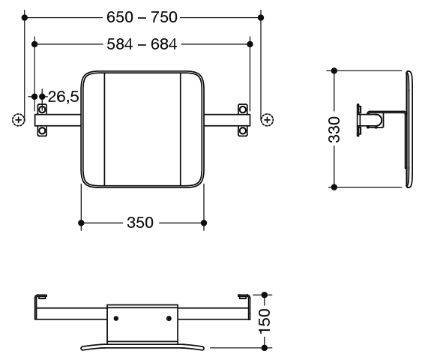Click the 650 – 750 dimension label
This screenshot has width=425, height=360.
coord(142,17)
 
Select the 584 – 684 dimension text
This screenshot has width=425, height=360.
coord(142,44)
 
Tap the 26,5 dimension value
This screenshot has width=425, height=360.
coord(64,97)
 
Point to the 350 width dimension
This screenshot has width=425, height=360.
coord(140,223)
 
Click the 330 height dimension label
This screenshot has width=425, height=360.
coord(334,130)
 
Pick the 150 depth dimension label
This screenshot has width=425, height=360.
coord(265,321)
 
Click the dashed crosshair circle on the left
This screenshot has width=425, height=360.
coord(19,120)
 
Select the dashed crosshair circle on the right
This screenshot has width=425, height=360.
coord(268,120)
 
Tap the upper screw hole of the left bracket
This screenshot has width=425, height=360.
coord(42,109)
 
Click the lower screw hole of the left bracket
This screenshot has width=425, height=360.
coord(42,131)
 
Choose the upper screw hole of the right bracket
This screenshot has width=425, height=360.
coord(243,109)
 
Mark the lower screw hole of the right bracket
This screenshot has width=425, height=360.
coord(243,131)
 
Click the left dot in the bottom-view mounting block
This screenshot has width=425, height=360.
coord(116,318)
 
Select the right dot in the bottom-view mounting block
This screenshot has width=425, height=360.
coord(169,318)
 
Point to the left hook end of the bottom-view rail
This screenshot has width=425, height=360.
coord(40,296)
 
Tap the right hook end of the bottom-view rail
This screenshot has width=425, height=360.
coord(244,296)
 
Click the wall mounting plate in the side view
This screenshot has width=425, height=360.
coord(358,120)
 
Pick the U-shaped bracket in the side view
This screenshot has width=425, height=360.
coord(376,119)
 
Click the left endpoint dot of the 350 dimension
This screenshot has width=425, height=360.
coord(81,223)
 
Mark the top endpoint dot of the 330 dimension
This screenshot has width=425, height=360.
coord(334,70)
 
